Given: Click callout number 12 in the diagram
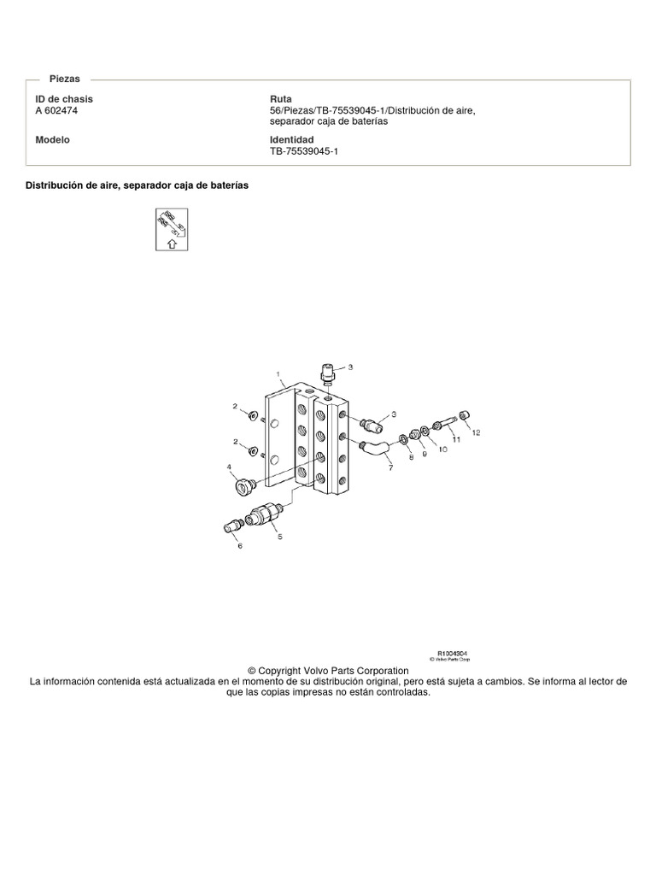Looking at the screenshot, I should click(x=476, y=432).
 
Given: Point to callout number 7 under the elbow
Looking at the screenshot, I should click(x=390, y=468).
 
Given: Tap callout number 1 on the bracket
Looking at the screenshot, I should click(x=278, y=374).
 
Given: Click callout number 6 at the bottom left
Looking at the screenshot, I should click(x=239, y=545).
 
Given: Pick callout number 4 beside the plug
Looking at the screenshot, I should click(x=229, y=467).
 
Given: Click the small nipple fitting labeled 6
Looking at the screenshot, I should click(x=231, y=526).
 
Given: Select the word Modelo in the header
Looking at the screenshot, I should click(x=52, y=139).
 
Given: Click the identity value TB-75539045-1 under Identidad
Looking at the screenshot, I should click(x=304, y=150).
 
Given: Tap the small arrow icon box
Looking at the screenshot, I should click(x=172, y=228).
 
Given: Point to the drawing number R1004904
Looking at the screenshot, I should click(x=452, y=653).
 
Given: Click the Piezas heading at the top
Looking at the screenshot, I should click(x=65, y=78).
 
